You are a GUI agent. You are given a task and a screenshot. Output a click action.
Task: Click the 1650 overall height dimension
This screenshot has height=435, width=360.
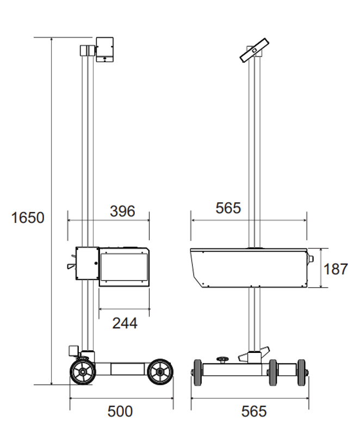click(x=28, y=217)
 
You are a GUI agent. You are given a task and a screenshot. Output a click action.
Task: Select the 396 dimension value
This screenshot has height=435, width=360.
click(x=122, y=211)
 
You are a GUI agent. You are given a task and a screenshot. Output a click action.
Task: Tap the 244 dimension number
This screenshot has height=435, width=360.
click(x=125, y=323)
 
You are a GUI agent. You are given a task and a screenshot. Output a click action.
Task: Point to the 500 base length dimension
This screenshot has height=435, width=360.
click(x=120, y=412)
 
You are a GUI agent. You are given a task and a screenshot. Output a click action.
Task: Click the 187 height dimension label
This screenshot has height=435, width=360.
click(x=336, y=269)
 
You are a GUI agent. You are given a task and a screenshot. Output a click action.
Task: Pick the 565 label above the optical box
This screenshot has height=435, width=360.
click(x=228, y=208)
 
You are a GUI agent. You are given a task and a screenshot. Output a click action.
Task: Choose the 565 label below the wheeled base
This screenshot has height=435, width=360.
click(x=254, y=412)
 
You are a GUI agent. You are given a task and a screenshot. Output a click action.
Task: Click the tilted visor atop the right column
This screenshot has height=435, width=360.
click(x=255, y=50)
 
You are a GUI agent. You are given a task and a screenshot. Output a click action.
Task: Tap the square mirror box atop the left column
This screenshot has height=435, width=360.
click(x=105, y=49)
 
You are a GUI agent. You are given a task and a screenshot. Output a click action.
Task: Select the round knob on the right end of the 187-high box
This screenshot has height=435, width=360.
click(x=311, y=259)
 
